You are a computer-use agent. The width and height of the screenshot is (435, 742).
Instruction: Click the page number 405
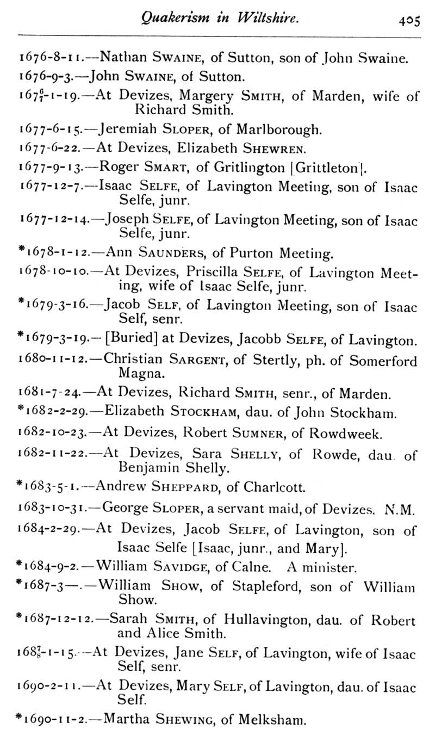click(x=409, y=21)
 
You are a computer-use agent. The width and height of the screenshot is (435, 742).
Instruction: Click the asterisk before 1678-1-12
click(x=21, y=250)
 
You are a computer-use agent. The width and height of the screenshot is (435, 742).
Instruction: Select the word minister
click(x=330, y=568)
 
